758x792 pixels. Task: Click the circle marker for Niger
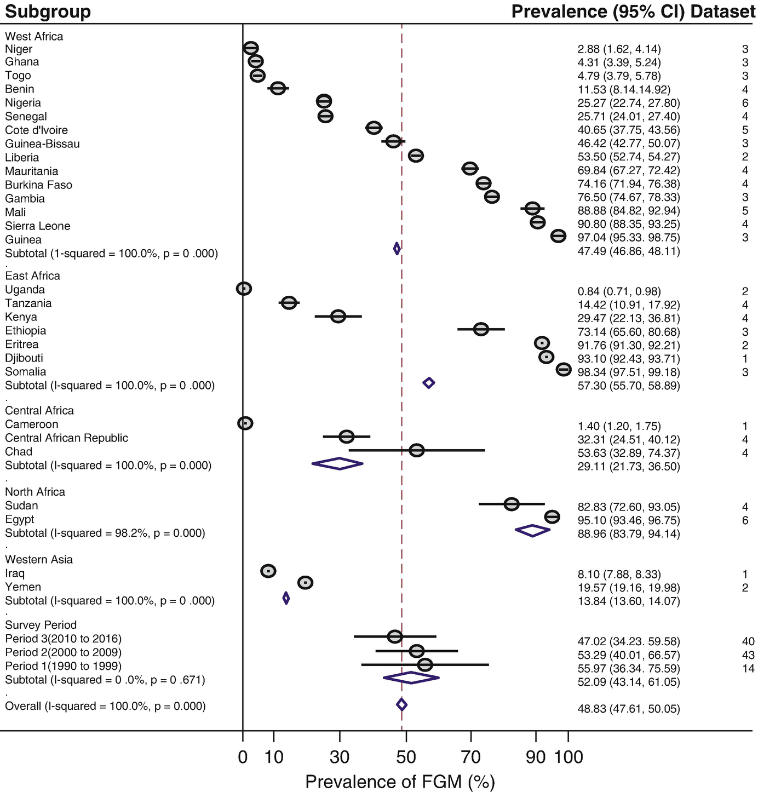tap(251, 48)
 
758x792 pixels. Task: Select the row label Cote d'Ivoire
tap(36, 130)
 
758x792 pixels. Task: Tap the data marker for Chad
tap(417, 450)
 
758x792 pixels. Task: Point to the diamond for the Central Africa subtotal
tap(337, 463)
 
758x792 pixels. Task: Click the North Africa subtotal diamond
tap(532, 531)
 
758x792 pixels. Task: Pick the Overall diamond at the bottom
tap(401, 704)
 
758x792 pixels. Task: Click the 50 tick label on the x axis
tap(406, 757)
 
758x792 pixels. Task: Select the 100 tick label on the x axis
tap(568, 757)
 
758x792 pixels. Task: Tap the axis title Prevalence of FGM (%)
tap(400, 782)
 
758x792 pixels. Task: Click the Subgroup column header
tap(48, 12)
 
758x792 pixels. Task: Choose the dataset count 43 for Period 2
tap(748, 655)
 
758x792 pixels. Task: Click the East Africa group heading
tap(32, 276)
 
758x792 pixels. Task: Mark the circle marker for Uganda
tap(244, 288)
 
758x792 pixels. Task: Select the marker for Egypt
tap(552, 516)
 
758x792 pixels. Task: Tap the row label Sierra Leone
tap(37, 226)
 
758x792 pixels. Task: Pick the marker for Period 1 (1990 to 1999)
tap(425, 665)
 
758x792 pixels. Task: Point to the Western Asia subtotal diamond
tap(286, 598)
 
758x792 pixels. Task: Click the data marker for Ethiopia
tap(481, 329)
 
